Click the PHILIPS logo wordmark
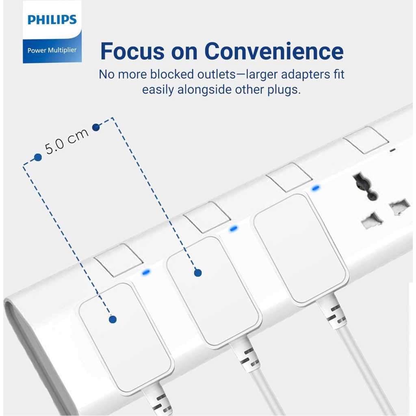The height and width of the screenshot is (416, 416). [x=52, y=19]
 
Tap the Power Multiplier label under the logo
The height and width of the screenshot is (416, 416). [x=52, y=50]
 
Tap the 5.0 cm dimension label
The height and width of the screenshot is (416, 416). [x=66, y=141]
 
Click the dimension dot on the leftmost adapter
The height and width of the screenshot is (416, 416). [x=113, y=319]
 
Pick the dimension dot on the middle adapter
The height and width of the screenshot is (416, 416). [x=198, y=273]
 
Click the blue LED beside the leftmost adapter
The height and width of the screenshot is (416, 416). [x=146, y=272]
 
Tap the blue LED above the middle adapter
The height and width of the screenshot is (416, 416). [x=233, y=228]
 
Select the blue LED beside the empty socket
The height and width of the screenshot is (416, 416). [x=315, y=188]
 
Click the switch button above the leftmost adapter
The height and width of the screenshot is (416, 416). [x=119, y=260]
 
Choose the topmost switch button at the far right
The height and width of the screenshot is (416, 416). [x=366, y=140]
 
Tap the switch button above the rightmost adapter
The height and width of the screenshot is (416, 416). [x=289, y=177]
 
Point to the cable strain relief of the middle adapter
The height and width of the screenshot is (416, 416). [x=245, y=354]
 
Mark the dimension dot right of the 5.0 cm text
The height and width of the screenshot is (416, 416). [x=96, y=127]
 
